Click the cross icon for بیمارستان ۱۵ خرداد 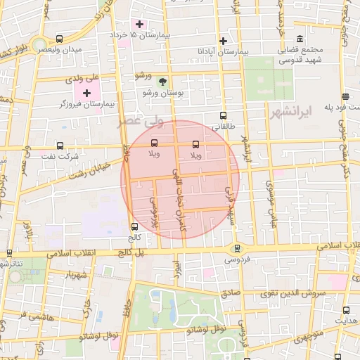pos(140,24)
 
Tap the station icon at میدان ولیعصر pos(59,39)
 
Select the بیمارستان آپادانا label pos(223,53)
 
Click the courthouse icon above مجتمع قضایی pos(300,38)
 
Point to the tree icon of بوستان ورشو pos(163,82)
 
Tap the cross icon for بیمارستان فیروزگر pos(86,93)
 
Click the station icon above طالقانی pos(224,116)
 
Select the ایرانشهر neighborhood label pos(290,112)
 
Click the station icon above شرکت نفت pos(59,146)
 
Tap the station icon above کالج pos(134,226)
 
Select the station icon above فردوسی pos(236,247)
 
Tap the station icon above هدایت pos(345,309)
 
